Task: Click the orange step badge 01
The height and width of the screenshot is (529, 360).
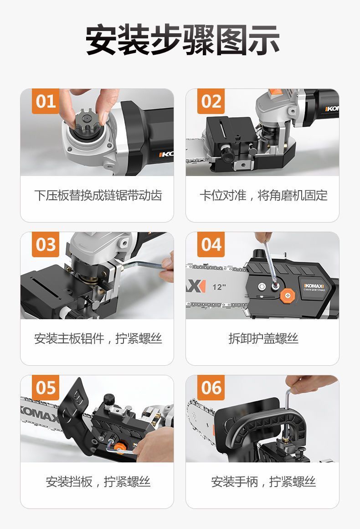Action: (x=46, y=101)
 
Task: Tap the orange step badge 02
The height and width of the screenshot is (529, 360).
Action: (x=211, y=101)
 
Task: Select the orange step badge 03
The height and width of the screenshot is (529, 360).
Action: (x=46, y=244)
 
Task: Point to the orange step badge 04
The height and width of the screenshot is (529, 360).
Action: (x=211, y=244)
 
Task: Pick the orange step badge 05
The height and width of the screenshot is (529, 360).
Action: (x=46, y=388)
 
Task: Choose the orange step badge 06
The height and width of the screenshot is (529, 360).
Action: (x=211, y=388)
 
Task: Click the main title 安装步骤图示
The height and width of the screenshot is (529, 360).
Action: (x=182, y=40)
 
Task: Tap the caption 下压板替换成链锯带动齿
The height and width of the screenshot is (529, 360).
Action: (x=98, y=195)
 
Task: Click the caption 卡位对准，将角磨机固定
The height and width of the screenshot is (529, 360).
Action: (x=263, y=195)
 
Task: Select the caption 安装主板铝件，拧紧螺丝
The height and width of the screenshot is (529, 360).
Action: (x=98, y=338)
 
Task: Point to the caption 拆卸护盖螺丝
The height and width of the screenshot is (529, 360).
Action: (x=263, y=338)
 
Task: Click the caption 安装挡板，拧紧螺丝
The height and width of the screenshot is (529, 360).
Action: (x=98, y=482)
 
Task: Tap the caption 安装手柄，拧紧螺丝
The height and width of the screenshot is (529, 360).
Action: (x=263, y=482)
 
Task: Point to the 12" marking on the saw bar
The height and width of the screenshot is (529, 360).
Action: (x=219, y=287)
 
